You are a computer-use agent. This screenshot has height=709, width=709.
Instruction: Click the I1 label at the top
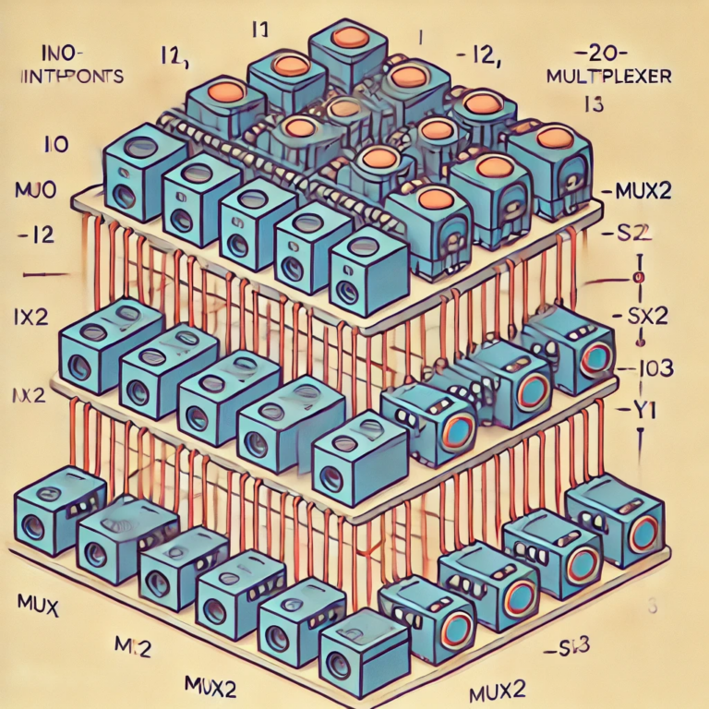tap(259, 31)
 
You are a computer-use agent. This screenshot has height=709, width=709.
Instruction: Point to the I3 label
tap(595, 104)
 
